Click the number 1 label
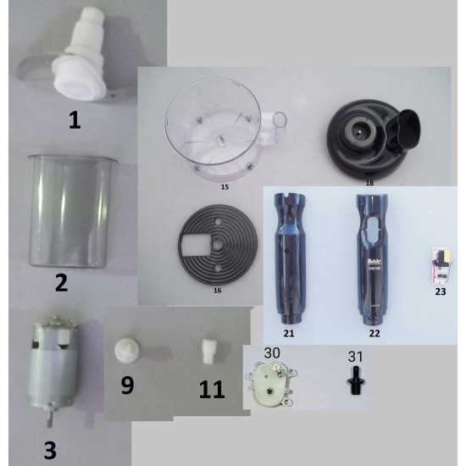click(x=75, y=120)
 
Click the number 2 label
click(x=61, y=282)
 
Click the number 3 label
click(x=50, y=449)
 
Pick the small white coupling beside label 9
click(x=129, y=349)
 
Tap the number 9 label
click(x=127, y=386)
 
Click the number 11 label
click(x=211, y=389)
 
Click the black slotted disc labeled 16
click(x=216, y=245)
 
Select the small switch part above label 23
click(x=440, y=268)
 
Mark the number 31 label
click(x=356, y=355)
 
